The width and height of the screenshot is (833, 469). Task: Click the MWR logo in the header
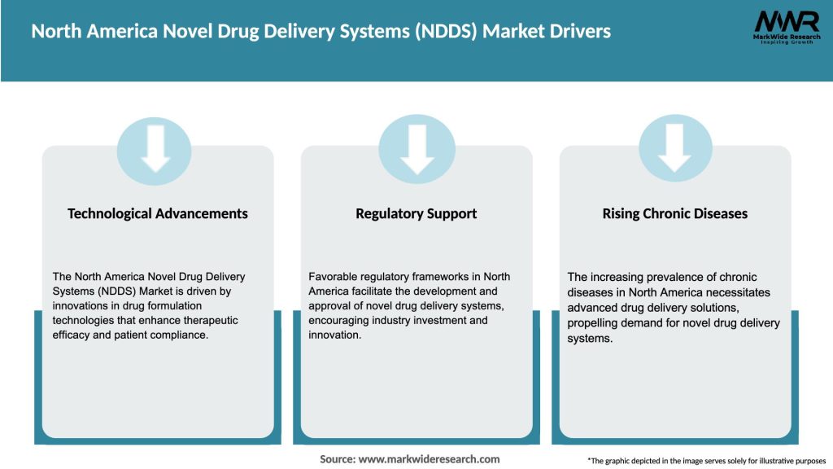coord(786,22)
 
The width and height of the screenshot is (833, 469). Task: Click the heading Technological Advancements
coord(158,213)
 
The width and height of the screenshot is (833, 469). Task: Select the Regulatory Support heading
coord(416,213)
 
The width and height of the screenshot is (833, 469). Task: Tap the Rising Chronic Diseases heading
coord(674,213)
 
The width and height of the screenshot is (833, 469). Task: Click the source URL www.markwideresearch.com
coord(429,459)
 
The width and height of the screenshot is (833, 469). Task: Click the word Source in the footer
coord(338,459)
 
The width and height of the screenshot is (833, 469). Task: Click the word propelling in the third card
coord(595,323)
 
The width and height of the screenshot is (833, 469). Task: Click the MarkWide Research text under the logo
coord(786,37)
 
